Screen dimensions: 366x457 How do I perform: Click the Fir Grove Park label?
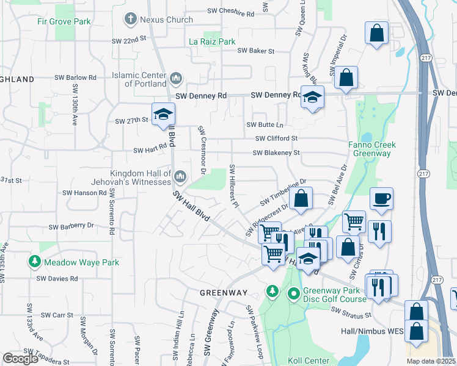pyautogui.click(x=72, y=21)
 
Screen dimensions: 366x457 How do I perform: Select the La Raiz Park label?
pyautogui.click(x=212, y=42)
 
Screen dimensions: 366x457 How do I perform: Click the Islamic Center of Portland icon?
pyautogui.click(x=176, y=77)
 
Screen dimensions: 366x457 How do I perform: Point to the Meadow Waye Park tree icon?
pyautogui.click(x=35, y=262)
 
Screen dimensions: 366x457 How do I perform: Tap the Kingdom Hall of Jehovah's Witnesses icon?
pyautogui.click(x=180, y=178)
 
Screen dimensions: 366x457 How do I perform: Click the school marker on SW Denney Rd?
pyautogui.click(x=312, y=98)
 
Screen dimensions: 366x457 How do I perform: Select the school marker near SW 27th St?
pyautogui.click(x=164, y=114)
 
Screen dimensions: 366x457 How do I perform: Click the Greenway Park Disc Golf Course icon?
pyautogui.click(x=294, y=295)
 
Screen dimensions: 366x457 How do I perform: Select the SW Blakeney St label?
pyautogui.click(x=276, y=153)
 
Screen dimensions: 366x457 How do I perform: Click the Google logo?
pyautogui.click(x=21, y=359)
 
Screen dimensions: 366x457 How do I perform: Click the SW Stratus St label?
pyautogui.click(x=351, y=313)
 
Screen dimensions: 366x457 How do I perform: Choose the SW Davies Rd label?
pyautogui.click(x=57, y=279)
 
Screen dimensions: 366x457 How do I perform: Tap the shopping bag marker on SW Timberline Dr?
pyautogui.click(x=301, y=198)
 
